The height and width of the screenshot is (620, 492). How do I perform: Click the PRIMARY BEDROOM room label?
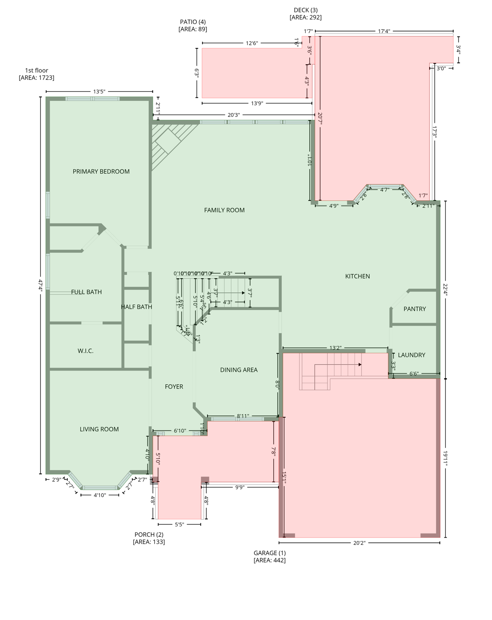(101, 172)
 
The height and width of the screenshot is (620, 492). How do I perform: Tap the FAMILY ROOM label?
(224, 210)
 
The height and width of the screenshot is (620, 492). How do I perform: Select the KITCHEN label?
(357, 276)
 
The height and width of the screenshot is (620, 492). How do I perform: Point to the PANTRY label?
(414, 309)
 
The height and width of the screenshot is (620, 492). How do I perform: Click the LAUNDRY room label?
(412, 355)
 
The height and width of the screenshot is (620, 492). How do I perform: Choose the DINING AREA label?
(239, 370)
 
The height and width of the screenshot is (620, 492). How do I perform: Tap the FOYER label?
(174, 387)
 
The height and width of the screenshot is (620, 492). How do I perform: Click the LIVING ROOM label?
(99, 429)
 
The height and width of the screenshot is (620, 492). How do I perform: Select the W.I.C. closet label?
(85, 351)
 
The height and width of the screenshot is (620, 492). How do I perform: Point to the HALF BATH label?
(137, 307)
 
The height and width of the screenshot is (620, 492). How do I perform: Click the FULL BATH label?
(87, 292)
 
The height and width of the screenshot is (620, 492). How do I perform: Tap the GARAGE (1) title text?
(270, 553)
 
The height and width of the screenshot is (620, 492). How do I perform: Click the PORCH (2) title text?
(149, 534)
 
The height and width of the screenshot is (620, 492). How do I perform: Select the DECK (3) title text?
(306, 10)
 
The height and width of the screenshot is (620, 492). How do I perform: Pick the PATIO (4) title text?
(193, 22)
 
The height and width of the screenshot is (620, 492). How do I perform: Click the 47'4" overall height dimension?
(40, 285)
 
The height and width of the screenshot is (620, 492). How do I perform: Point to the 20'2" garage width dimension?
(359, 543)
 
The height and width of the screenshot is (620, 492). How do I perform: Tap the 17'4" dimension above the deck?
(384, 31)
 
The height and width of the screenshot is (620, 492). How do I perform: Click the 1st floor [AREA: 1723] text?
(36, 74)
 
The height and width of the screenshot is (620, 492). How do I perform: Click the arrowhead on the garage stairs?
(360, 364)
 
